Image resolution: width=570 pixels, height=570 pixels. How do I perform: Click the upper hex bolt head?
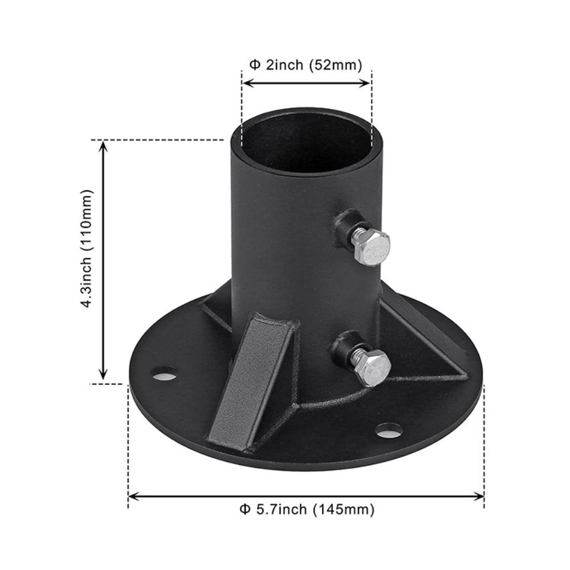click(370, 247)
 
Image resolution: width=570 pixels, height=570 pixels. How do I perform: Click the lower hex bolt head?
click(372, 368)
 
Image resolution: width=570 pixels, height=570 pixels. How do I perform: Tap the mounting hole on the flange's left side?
click(164, 374)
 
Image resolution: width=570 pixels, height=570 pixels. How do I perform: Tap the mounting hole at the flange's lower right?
click(389, 430)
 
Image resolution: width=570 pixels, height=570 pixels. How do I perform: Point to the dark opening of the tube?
click(306, 142)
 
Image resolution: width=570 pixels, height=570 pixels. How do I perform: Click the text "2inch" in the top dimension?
click(284, 65)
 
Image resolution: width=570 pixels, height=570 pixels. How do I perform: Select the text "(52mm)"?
click(336, 65)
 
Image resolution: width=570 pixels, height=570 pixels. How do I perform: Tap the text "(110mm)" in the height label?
click(87, 220)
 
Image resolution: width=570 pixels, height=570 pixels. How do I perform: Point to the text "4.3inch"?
click(87, 282)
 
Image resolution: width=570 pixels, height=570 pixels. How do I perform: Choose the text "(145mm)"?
click(344, 509)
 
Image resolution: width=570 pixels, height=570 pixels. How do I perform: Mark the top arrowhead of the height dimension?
click(103, 145)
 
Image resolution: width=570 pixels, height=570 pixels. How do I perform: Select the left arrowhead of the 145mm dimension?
click(133, 496)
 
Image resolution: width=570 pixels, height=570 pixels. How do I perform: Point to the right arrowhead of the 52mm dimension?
click(367, 83)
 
